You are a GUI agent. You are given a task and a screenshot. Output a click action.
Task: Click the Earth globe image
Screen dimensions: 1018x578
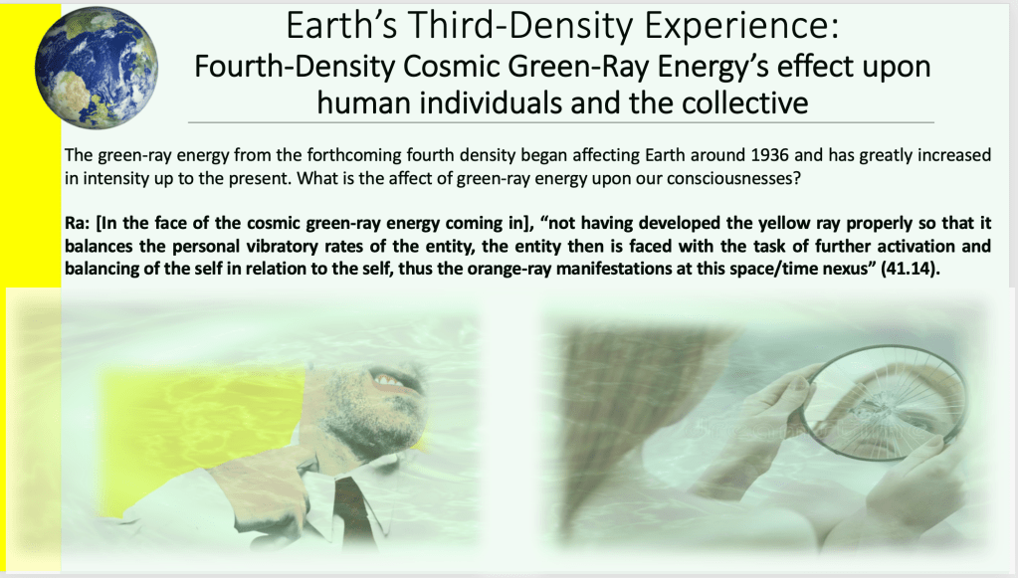(97, 68)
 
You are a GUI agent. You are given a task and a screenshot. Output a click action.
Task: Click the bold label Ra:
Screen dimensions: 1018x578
(78, 223)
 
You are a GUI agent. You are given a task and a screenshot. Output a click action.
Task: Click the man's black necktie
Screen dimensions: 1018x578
(355, 512)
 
